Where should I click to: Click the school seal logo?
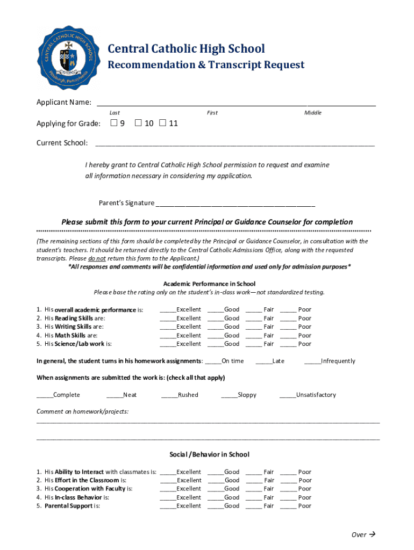pyautogui.click(x=67, y=57)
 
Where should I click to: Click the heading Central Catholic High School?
pyautogui.click(x=186, y=49)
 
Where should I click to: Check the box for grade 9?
pyautogui.click(x=113, y=124)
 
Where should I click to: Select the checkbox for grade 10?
pyautogui.click(x=138, y=124)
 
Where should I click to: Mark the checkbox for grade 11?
pyautogui.click(x=163, y=124)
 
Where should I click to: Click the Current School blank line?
pyautogui.click(x=234, y=143)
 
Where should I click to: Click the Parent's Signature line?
pyautogui.click(x=235, y=204)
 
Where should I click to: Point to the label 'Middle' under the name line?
pyautogui.click(x=312, y=113)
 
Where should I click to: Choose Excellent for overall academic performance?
pyautogui.click(x=168, y=310)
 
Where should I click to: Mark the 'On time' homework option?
pyautogui.click(x=213, y=361)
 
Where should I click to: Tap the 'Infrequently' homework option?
pyautogui.click(x=312, y=361)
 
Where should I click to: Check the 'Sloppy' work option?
pyautogui.click(x=229, y=395)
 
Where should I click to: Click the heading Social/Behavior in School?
pyautogui.click(x=209, y=454)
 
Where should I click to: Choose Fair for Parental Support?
pyautogui.click(x=253, y=506)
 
